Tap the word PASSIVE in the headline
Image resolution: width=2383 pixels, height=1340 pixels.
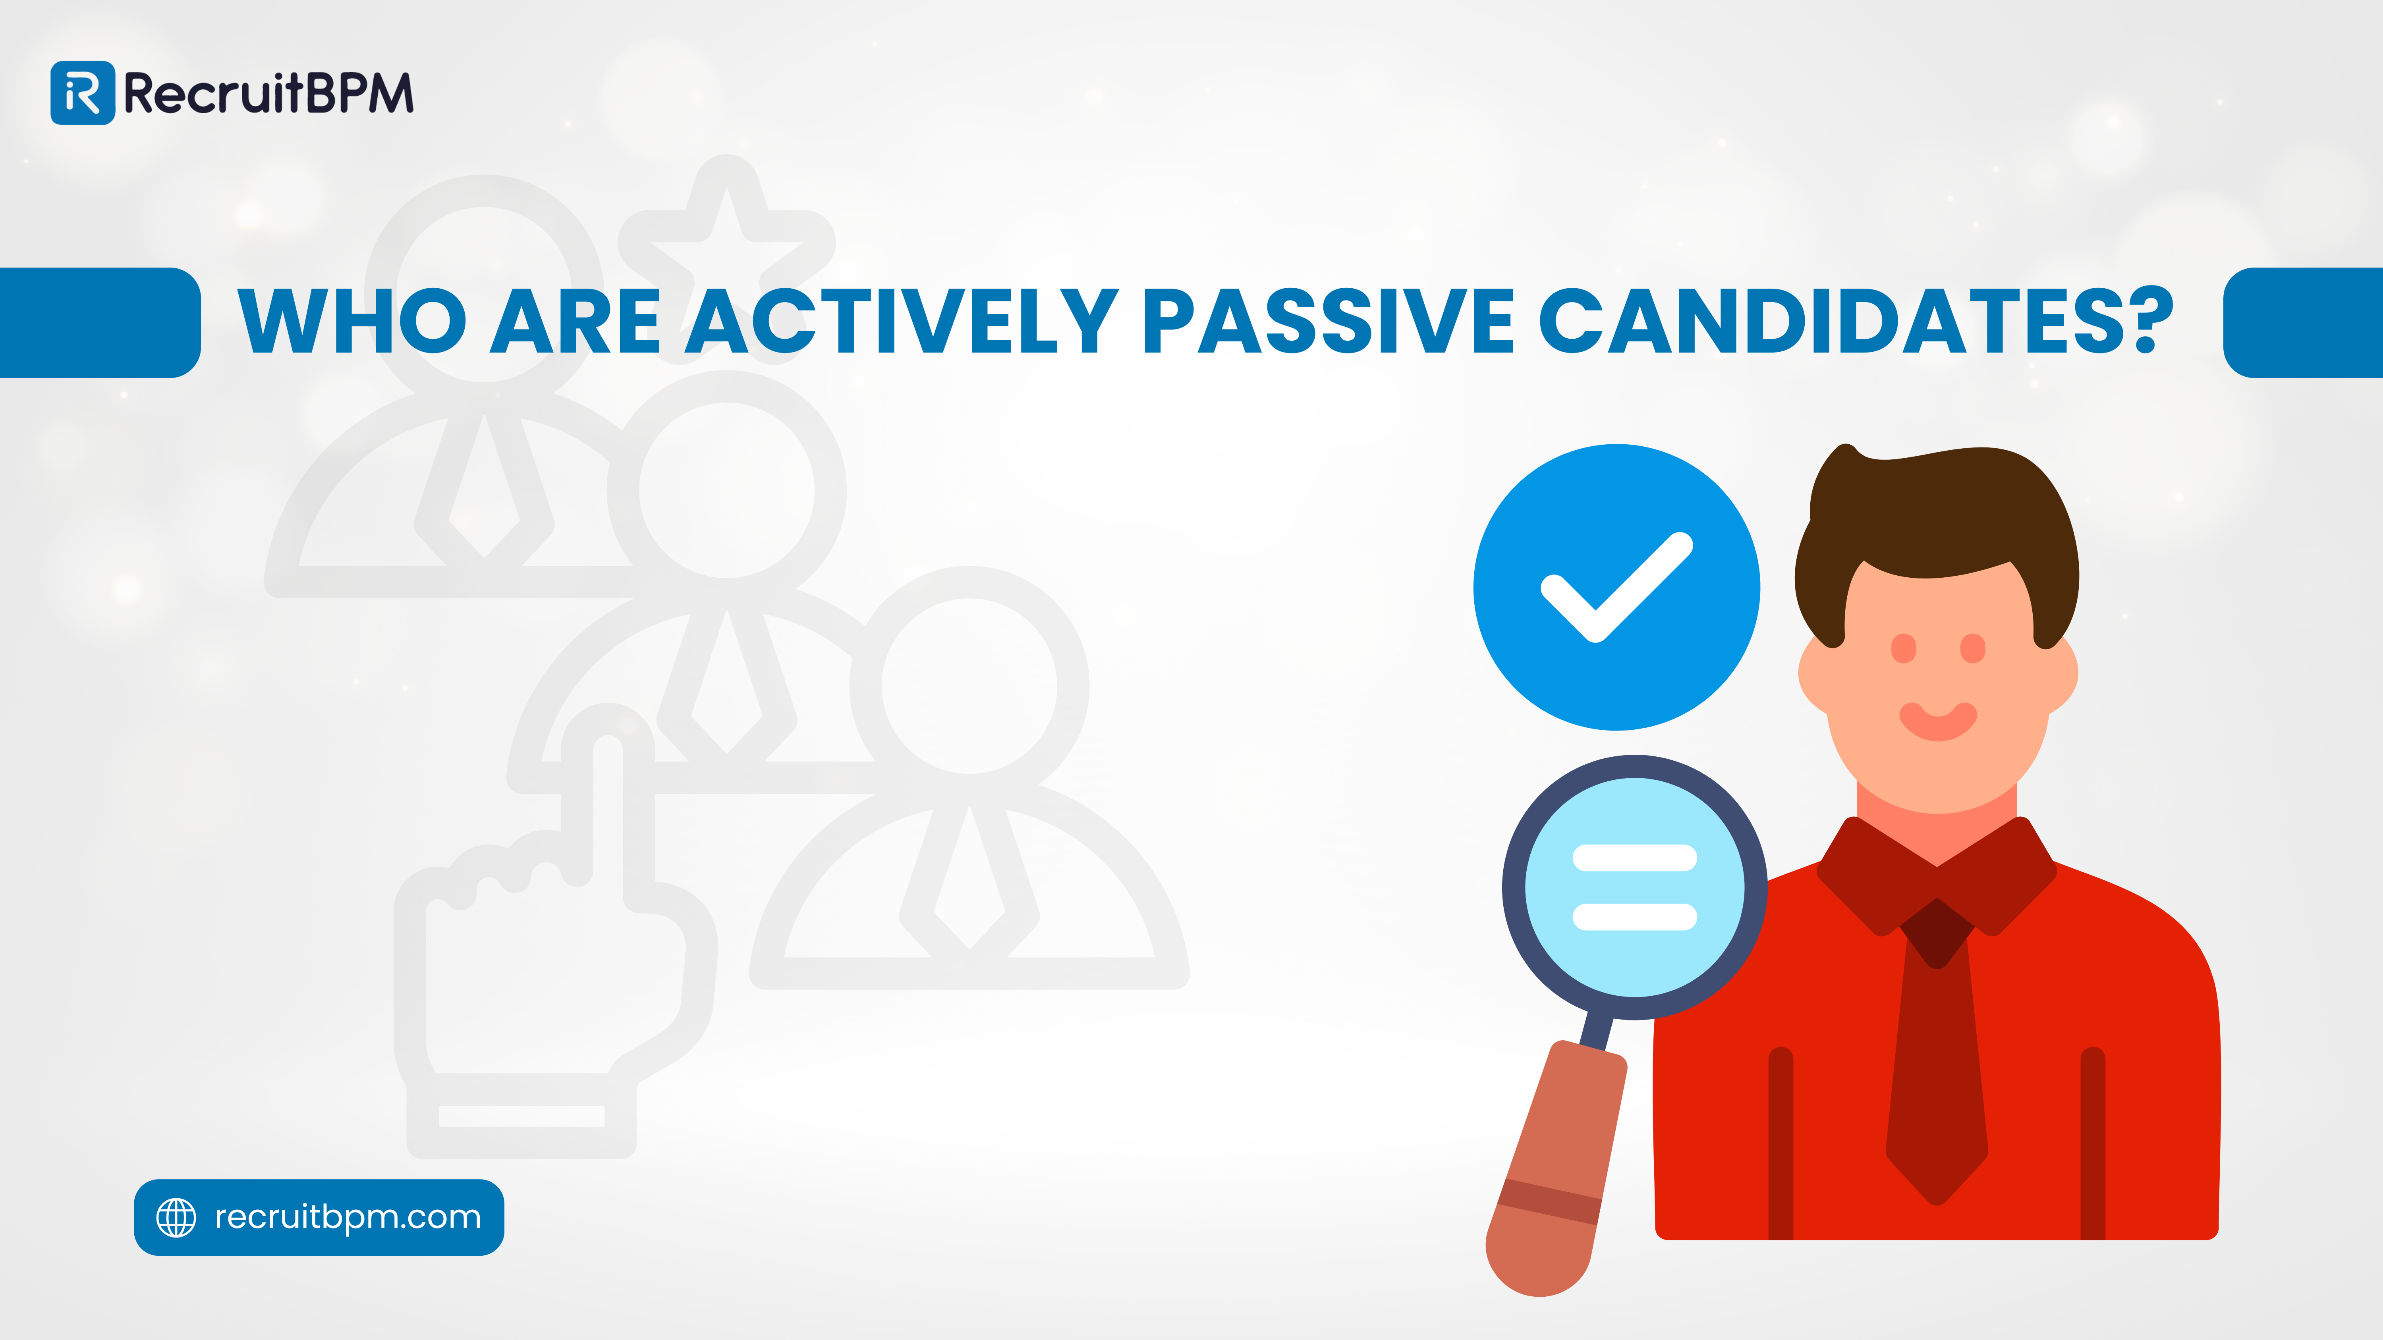coord(1327,321)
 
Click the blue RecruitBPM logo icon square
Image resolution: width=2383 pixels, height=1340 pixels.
coord(82,93)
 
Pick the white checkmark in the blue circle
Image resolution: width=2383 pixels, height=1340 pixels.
coord(1616,586)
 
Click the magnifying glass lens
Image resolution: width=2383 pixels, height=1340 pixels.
coord(1635,888)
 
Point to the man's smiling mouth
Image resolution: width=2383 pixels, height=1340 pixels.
coord(1938,721)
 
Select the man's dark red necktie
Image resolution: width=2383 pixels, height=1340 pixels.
coord(1937,1054)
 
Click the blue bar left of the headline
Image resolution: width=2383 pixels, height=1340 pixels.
coord(100,322)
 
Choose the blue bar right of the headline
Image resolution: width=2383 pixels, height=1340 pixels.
coord(2302,322)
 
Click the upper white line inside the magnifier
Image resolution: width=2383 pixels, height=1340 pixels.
coord(1635,858)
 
